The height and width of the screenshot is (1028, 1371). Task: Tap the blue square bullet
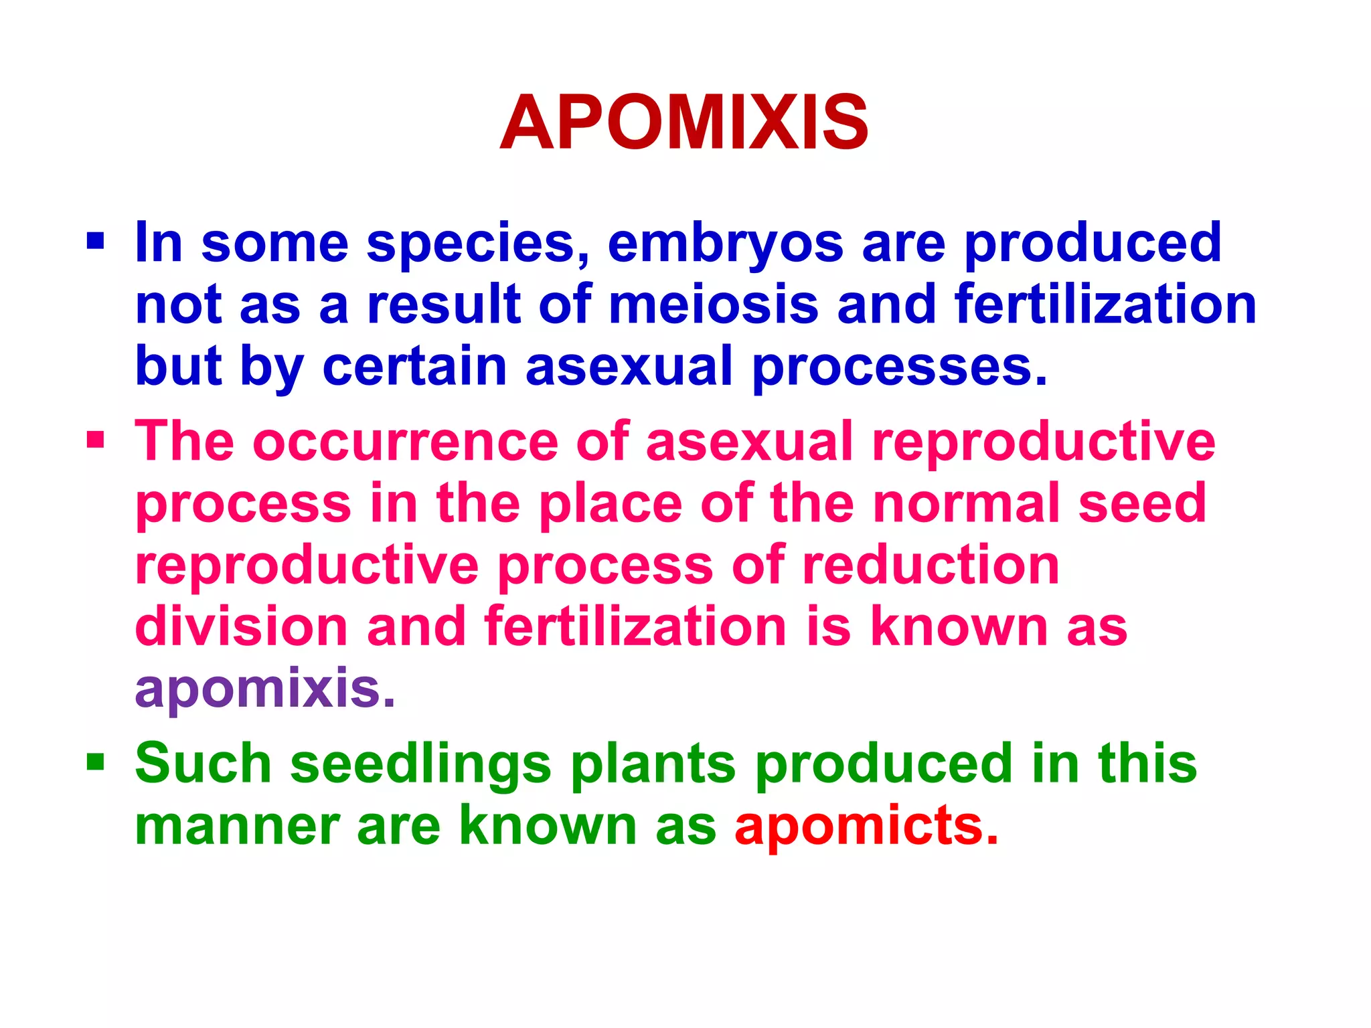[x=96, y=240]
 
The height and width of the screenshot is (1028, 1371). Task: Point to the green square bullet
[x=96, y=761]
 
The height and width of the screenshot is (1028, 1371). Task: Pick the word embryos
[x=726, y=244]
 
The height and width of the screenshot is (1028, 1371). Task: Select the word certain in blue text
[x=414, y=366]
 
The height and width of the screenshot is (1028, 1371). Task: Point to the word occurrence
[x=405, y=442]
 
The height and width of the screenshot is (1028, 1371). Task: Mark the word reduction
[x=931, y=565]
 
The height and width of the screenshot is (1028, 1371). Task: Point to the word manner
[x=237, y=826]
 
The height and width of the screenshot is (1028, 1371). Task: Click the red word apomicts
[x=866, y=826]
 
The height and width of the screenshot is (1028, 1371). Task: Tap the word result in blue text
[x=444, y=305]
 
